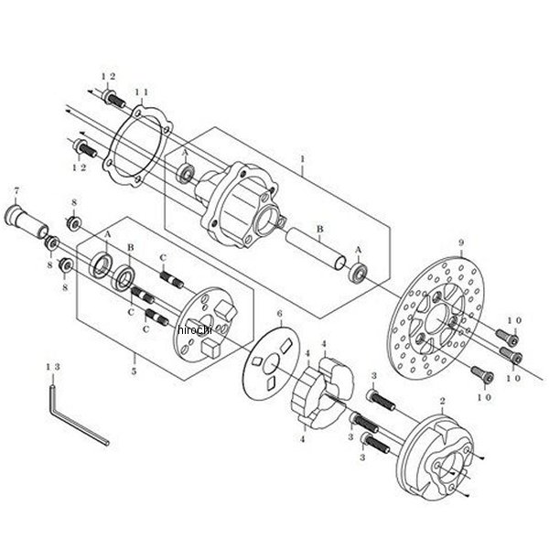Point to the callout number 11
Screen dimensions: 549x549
pos(141,92)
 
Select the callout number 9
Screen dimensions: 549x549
pos(463,244)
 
